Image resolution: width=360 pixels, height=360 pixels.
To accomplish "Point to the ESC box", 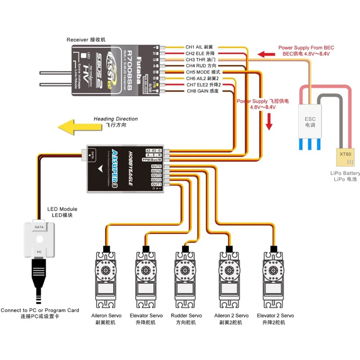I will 310,122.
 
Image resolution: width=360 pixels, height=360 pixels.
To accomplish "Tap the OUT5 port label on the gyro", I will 156,166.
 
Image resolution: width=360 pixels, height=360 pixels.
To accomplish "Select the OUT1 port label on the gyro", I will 156,184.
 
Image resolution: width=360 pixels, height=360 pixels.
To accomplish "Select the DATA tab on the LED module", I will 39,227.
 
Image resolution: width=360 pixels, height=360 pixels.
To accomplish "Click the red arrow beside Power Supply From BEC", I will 267,55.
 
